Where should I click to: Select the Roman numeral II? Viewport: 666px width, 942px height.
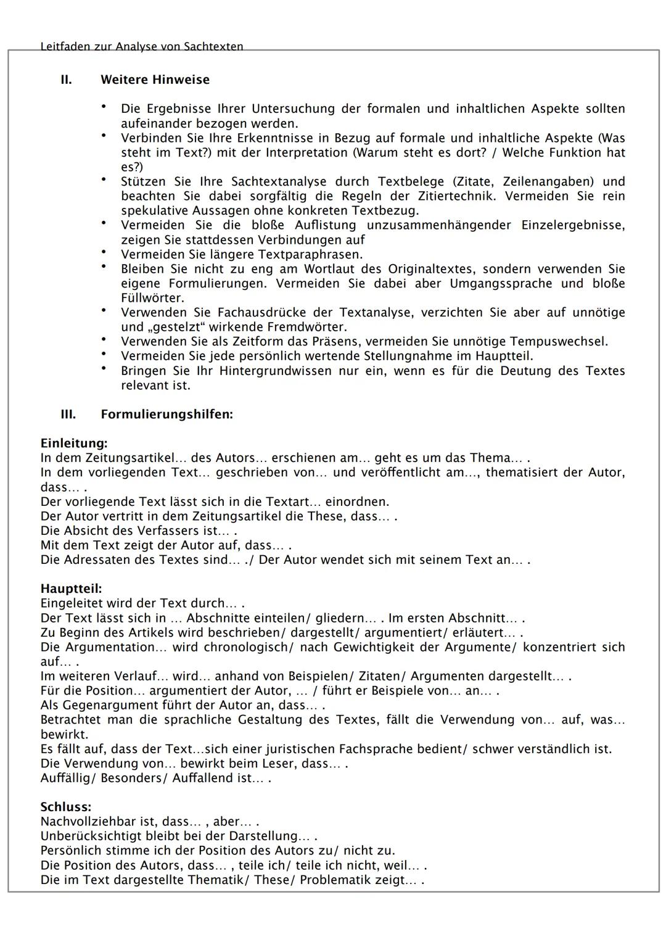pyautogui.click(x=66, y=80)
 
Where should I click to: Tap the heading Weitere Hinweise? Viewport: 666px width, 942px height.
pyautogui.click(x=155, y=80)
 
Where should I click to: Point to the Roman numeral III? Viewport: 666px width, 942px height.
pyautogui.click(x=68, y=414)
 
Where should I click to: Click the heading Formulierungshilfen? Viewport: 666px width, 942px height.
pyautogui.click(x=166, y=414)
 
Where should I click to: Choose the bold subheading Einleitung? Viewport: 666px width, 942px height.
pyautogui.click(x=73, y=443)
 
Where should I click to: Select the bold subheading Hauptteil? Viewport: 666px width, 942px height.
pyautogui.click(x=71, y=589)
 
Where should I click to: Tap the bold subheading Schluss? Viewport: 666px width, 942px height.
pyautogui.click(x=65, y=807)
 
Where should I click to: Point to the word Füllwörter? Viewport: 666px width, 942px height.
pyautogui.click(x=151, y=298)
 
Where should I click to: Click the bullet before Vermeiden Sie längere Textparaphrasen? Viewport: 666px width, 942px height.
pyautogui.click(x=105, y=252)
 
